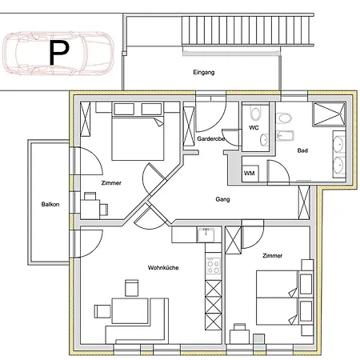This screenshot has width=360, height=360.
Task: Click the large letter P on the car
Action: coord(58,53)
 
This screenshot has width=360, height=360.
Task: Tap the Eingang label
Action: coord(204,72)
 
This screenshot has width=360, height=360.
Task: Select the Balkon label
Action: coord(50,204)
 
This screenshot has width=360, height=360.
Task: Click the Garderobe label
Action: coord(211,138)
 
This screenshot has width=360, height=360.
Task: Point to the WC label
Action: coord(254,128)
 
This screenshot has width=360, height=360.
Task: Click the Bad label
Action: coord(302,150)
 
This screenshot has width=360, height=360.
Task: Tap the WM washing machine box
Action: coord(250,174)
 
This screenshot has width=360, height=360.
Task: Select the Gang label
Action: coord(222,199)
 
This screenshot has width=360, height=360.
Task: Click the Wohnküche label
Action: coord(163,267)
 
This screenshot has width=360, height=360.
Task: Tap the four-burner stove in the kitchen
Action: coord(214,266)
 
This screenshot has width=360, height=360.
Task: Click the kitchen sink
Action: coord(206,234)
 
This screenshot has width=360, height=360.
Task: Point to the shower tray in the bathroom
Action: coord(329,114)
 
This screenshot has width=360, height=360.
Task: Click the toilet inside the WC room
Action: coord(255,114)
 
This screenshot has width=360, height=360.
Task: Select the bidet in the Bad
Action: coord(285,135)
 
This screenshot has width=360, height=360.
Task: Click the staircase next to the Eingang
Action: coord(248,31)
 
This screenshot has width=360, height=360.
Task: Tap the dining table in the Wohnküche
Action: coord(130,311)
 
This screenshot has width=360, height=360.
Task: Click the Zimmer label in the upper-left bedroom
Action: coord(111,183)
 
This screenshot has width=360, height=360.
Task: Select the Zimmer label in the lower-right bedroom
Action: coord(272,256)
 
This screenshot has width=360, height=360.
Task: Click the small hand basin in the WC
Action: coord(264,140)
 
